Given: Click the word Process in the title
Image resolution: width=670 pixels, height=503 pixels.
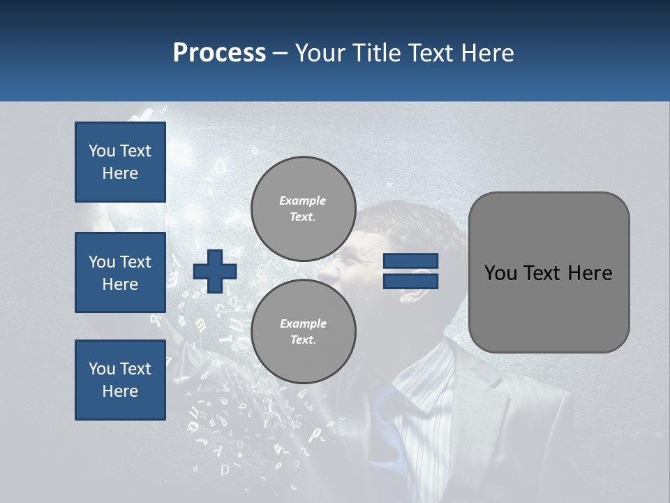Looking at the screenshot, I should [x=219, y=53].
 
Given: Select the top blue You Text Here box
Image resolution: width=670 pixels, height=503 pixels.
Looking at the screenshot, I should [x=120, y=162].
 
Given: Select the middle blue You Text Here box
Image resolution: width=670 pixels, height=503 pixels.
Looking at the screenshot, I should [x=120, y=272].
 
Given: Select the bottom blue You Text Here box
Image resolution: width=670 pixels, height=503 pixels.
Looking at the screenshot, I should [x=120, y=380].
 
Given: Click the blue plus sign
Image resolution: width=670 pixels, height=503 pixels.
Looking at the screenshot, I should [x=215, y=271].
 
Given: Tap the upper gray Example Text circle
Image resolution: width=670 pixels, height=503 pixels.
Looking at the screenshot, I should [x=303, y=209].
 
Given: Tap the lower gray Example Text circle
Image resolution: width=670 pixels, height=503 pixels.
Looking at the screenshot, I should [x=303, y=332].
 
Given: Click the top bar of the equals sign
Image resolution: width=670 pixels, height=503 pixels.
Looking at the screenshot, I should [x=410, y=261].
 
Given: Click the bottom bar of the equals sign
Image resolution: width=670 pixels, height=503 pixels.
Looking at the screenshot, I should [x=410, y=281].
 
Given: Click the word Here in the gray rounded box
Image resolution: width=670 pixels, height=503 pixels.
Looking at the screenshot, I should [x=590, y=273].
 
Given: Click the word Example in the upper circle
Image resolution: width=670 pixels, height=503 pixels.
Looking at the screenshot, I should [x=303, y=201].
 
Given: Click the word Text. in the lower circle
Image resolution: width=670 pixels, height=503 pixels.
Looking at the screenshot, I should [x=303, y=340].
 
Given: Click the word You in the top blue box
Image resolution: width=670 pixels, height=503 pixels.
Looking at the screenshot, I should [x=102, y=151].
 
